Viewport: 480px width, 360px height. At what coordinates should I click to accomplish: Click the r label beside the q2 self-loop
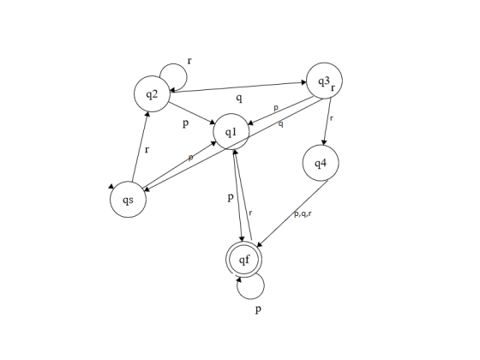point(189,61)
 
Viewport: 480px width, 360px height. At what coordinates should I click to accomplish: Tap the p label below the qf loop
point(258,309)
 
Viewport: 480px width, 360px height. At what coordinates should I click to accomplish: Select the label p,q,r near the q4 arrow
point(303,214)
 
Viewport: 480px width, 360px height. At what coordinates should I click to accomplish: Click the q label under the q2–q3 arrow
point(239,98)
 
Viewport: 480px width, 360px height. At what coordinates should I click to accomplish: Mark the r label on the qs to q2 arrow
point(147,150)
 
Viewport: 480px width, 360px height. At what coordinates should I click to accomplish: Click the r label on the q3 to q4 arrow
point(331,118)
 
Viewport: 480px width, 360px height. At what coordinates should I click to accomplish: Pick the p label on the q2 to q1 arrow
point(185,123)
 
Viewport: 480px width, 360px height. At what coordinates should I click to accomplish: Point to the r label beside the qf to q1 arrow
point(250,213)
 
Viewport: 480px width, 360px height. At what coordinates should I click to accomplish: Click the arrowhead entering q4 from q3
point(323,142)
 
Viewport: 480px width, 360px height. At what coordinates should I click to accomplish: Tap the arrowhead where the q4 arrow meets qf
point(259,244)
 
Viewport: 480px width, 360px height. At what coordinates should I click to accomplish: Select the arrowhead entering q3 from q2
point(304,82)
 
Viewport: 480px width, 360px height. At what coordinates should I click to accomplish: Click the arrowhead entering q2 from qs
point(147,114)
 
